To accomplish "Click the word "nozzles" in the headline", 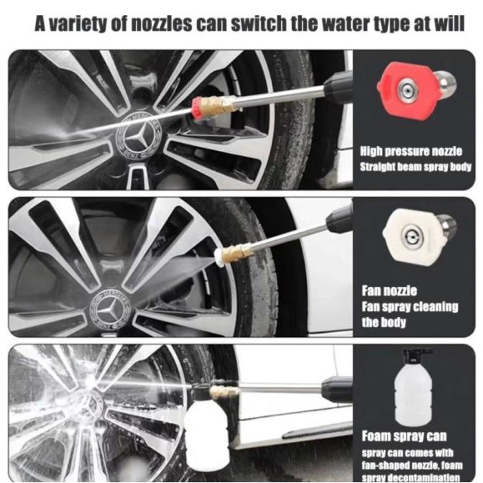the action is click(162, 24).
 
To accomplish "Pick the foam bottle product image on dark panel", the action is click(413, 387).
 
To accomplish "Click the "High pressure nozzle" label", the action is click(411, 151).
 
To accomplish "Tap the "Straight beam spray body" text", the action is click(415, 167).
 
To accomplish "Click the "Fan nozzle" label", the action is click(389, 290).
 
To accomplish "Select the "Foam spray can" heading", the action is click(404, 436).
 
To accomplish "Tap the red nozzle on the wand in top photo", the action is click(197, 106).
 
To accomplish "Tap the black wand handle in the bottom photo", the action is click(336, 390).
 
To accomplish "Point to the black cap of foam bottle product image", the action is click(416, 356).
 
